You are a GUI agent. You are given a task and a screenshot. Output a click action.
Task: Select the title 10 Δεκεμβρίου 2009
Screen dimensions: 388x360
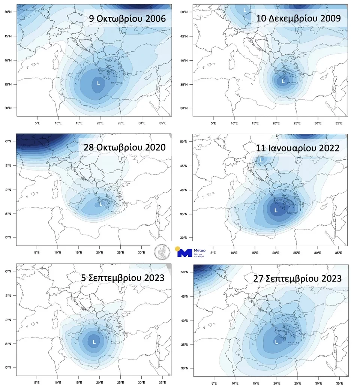point(298,18)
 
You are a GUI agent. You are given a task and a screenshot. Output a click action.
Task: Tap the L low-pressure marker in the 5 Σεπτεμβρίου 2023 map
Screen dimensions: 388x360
point(94,342)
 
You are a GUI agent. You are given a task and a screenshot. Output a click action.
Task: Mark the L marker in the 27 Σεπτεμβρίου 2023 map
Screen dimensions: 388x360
point(277,342)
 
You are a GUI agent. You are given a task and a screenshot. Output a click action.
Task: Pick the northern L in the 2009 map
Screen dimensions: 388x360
point(245,10)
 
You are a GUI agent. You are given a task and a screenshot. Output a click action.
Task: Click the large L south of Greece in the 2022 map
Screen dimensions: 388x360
point(276,211)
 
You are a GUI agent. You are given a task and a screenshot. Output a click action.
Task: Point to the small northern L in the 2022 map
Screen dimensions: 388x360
point(261,160)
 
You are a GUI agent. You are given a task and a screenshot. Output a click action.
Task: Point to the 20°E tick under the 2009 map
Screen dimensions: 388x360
point(276,123)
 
